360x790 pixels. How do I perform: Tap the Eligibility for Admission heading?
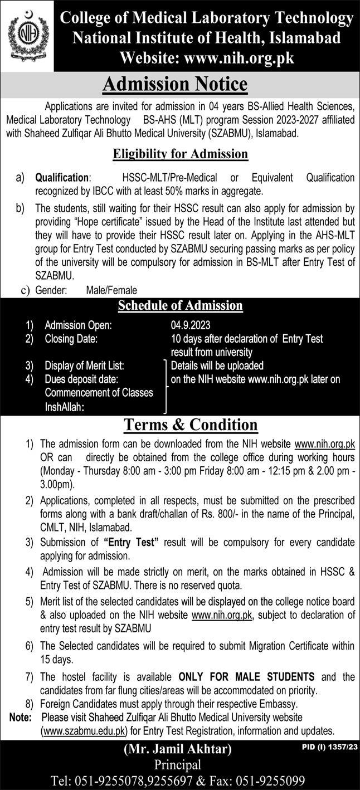[x=181, y=153]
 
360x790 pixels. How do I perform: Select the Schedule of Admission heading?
[x=180, y=305]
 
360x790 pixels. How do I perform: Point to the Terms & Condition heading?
[x=191, y=425]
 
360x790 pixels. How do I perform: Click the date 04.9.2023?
[x=191, y=326]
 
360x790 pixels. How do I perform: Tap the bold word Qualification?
[x=62, y=178]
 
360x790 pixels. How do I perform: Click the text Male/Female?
[x=111, y=290]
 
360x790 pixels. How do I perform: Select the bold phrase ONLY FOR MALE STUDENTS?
[x=246, y=677]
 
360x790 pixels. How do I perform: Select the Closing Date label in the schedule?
[x=71, y=339]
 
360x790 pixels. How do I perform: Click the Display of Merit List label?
[x=84, y=366]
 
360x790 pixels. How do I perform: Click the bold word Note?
[x=21, y=716]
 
